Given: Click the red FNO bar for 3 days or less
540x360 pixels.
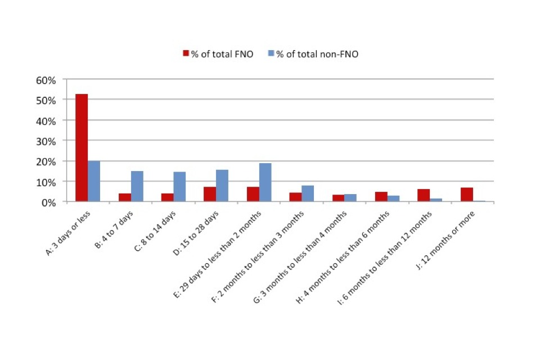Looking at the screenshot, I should tap(82, 147).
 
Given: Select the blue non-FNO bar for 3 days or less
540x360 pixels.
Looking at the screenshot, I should tap(94, 181).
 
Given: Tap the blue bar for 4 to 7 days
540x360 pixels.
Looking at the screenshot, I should tap(137, 186).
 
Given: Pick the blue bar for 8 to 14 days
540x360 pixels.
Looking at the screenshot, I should tap(179, 187).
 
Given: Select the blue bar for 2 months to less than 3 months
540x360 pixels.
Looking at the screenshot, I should tap(308, 193).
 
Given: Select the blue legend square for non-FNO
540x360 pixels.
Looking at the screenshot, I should tap(271, 54).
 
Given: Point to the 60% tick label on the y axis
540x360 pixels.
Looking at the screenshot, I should tap(46, 80).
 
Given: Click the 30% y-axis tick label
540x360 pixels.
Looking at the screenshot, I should tap(46, 141).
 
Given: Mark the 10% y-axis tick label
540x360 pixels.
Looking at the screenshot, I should tap(46, 182).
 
